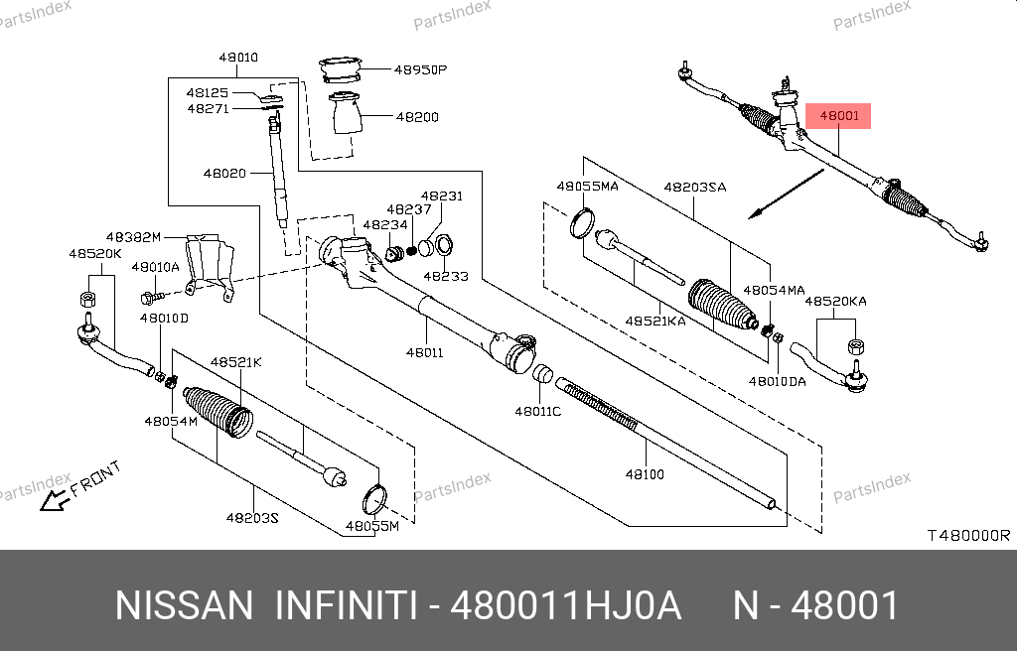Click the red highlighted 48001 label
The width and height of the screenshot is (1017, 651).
click(x=839, y=116)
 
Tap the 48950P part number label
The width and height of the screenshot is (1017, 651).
click(x=421, y=70)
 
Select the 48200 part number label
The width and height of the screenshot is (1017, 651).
click(x=417, y=117)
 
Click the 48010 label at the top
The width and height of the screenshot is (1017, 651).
click(x=237, y=58)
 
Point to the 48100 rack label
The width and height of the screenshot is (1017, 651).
click(x=645, y=474)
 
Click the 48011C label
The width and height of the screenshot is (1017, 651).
click(x=537, y=411)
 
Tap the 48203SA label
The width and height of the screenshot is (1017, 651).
click(x=695, y=187)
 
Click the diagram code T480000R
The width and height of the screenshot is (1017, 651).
click(x=968, y=535)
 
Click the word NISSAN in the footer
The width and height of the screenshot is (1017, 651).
click(x=185, y=605)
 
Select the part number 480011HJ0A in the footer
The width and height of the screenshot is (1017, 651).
click(x=566, y=605)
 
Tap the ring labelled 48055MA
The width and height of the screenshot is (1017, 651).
click(x=583, y=223)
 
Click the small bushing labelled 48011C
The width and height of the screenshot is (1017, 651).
click(x=542, y=375)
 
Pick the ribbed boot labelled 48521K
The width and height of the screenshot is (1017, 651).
click(x=216, y=411)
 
